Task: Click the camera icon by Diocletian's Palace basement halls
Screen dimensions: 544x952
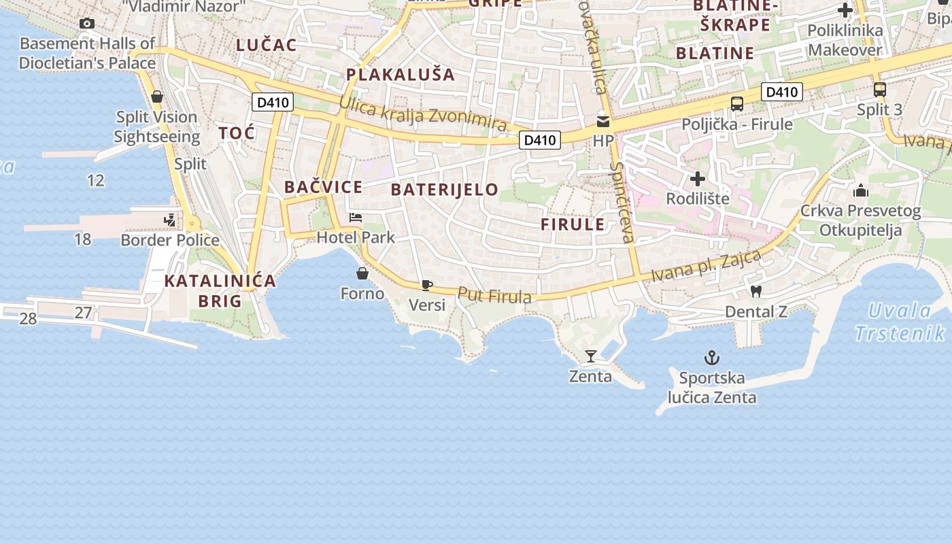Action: point(86,24)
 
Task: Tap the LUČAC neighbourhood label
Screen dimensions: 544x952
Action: point(267,46)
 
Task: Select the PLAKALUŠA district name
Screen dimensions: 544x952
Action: point(400,75)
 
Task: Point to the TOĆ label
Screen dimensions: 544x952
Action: point(237,133)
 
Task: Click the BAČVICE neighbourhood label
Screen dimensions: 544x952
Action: point(323,187)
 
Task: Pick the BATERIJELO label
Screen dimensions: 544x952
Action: point(445,190)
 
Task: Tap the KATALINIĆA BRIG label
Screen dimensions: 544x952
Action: point(220,290)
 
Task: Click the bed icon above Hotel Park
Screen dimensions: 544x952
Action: point(355,218)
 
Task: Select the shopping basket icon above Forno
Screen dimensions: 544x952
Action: point(362,273)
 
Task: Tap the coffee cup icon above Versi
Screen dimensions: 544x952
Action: point(426,285)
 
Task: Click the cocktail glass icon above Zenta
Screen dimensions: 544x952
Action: point(590,356)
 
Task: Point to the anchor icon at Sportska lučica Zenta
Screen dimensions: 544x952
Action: point(711,358)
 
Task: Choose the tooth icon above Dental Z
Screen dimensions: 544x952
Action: point(755,292)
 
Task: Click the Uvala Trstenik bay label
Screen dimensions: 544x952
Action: point(900,322)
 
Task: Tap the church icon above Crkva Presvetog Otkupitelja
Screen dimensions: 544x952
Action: point(860,190)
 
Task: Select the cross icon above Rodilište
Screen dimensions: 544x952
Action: point(698,179)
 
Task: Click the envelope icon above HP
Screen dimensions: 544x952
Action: point(602,122)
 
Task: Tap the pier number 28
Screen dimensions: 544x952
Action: point(28,318)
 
